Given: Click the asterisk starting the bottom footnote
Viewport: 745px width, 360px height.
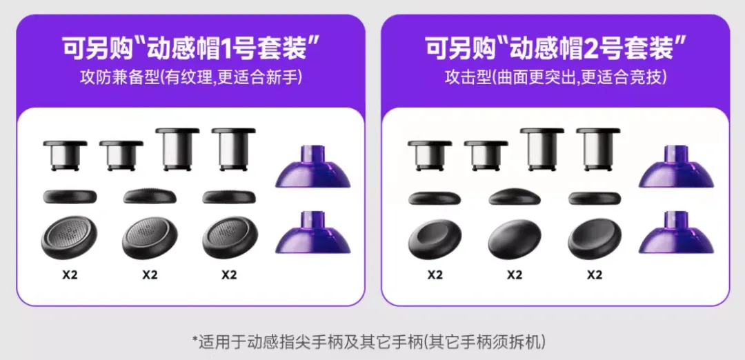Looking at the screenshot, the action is click(195, 341).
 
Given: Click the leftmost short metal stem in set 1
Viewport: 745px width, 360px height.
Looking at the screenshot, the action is click(65, 155).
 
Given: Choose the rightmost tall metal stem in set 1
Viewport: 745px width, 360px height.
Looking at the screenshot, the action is click(233, 149).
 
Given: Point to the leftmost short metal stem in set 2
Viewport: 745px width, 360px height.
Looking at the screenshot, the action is click(430, 155).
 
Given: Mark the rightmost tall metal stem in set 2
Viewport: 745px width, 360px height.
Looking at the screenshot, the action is click(597, 149).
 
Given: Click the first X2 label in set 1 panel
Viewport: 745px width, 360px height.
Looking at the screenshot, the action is click(70, 275).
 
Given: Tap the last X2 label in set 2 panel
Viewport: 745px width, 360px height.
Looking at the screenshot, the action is click(595, 275).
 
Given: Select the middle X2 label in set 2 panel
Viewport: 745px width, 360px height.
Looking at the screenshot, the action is click(515, 275).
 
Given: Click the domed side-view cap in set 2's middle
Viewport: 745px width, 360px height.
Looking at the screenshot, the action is click(515, 196).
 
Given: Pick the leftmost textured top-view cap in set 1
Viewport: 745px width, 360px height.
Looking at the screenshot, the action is click(70, 238).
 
